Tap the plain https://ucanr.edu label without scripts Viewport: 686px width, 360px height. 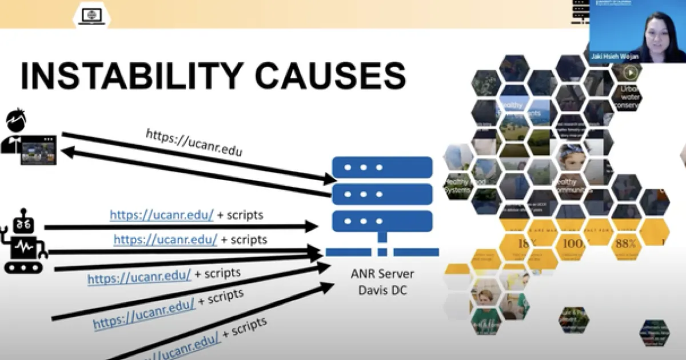[x=194, y=142]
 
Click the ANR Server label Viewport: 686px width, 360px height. [x=382, y=274]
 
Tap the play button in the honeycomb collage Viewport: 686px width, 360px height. [x=629, y=73]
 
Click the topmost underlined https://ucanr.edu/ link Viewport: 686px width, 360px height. [x=162, y=215]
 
